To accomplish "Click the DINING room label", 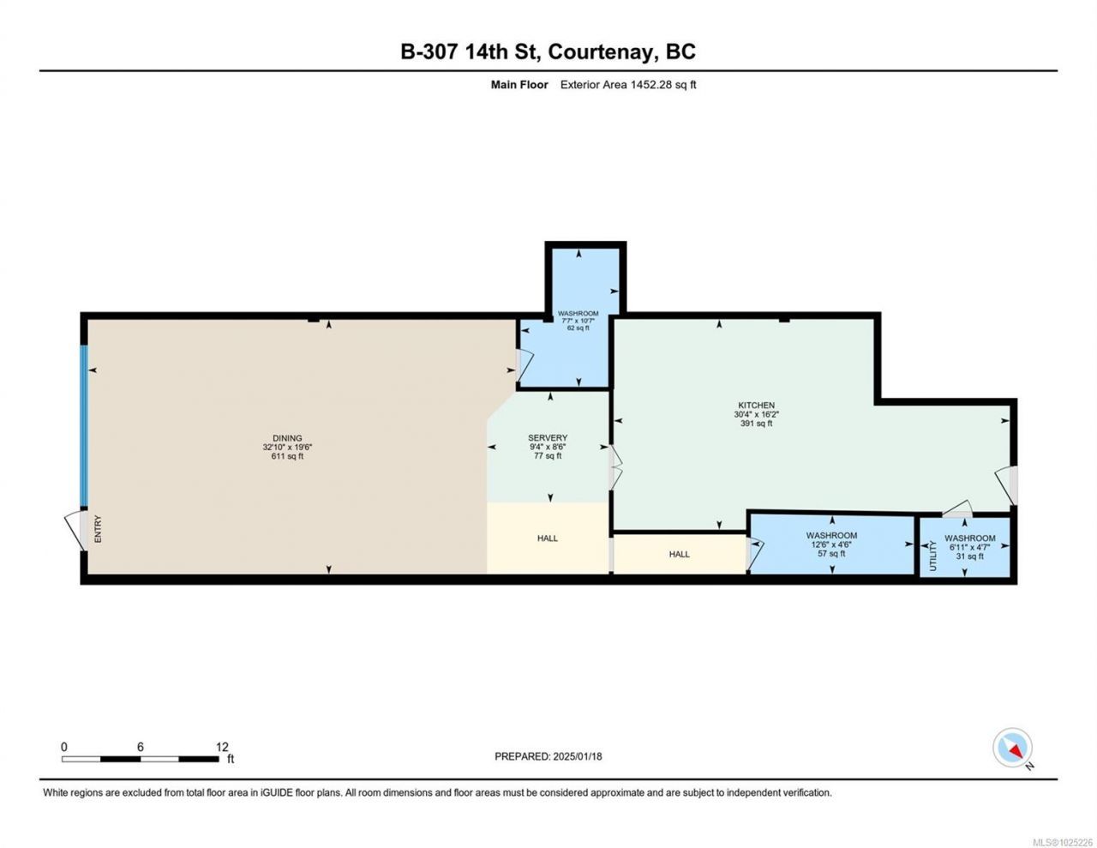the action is (287, 438).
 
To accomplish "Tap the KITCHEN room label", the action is (756, 405).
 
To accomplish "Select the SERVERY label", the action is (548, 438).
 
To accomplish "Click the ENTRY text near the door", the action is (98, 529).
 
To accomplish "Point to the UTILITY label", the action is (933, 556).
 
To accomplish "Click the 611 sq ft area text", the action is (287, 456).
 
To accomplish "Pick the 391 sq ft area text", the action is (756, 424).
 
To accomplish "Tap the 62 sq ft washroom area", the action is (578, 328).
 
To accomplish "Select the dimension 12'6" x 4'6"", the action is (831, 545).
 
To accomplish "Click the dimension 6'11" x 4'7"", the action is (970, 547).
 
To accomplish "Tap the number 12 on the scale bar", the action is (222, 747).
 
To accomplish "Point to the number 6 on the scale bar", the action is (141, 747).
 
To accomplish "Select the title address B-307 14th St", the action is (471, 52).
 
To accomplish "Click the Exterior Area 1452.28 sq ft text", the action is (628, 85).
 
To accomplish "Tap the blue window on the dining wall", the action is (84, 426).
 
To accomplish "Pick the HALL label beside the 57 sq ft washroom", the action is (680, 554).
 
